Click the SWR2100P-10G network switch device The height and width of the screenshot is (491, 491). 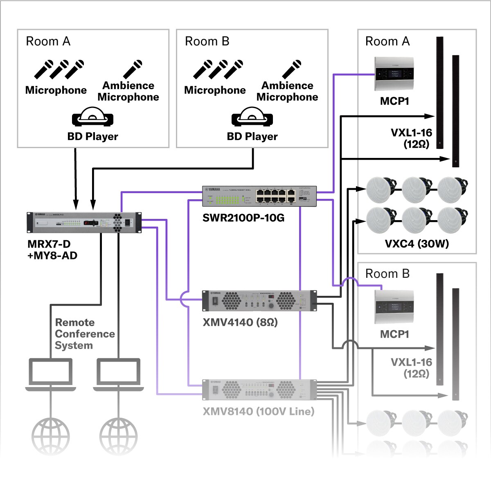point(259,196)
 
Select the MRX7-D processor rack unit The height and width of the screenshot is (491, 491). point(84,223)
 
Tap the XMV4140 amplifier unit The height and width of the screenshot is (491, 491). point(259,301)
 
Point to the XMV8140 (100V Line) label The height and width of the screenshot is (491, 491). point(259,411)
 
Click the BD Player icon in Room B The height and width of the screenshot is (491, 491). point(252,117)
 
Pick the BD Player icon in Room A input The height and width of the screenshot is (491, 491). point(92,117)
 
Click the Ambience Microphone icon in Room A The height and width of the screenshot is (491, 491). point(133,70)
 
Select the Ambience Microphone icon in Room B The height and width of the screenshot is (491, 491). point(292,70)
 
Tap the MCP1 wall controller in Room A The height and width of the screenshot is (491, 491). point(394,74)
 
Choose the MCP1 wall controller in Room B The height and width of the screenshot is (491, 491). point(394,307)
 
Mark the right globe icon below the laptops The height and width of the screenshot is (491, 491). point(119,436)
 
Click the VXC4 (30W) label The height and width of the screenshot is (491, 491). point(417,244)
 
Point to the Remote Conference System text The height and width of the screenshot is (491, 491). point(85,334)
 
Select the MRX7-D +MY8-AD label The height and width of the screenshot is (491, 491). point(52,250)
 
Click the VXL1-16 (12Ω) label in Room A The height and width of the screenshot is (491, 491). point(411,138)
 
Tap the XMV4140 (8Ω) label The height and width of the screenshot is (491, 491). point(240,322)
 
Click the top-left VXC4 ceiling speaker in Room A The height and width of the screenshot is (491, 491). point(381,189)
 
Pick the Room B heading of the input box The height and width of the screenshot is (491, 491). point(207,41)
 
